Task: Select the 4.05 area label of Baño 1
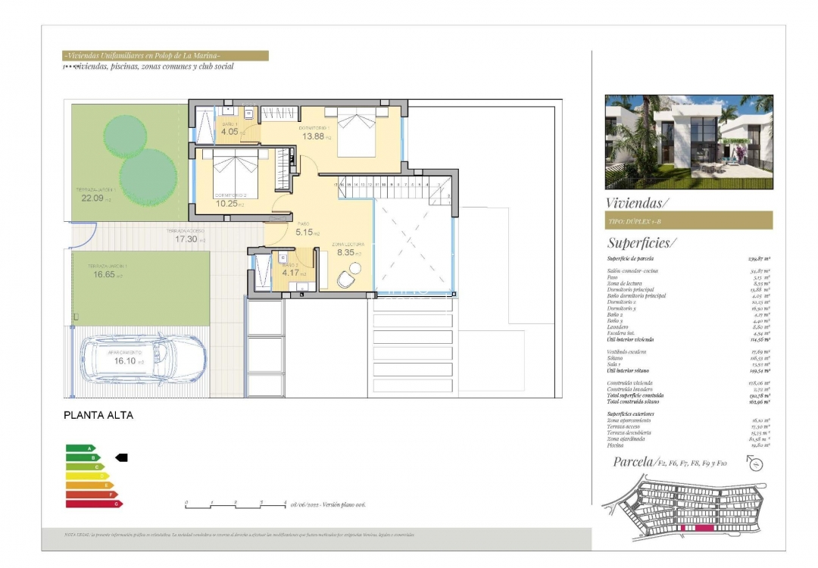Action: point(229,131)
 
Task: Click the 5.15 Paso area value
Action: point(304,232)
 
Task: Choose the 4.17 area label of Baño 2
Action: point(292,273)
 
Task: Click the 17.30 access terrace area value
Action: point(186,239)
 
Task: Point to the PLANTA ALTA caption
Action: point(98,415)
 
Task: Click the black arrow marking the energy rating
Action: point(120,457)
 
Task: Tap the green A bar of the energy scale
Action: point(79,448)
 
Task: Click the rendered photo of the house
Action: point(688,142)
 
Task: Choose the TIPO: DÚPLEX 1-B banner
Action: point(688,220)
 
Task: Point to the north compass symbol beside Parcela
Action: point(754,465)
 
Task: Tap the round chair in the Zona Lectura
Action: point(345,279)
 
